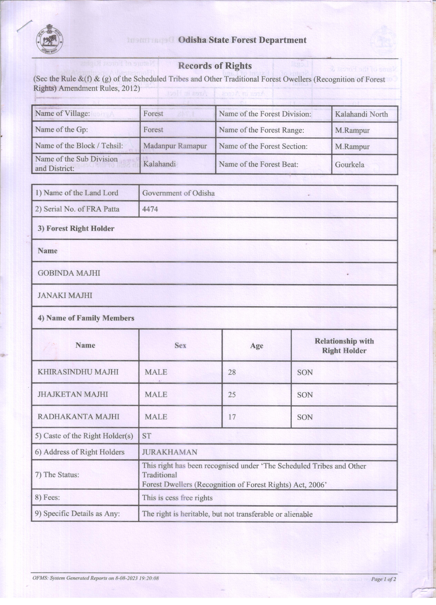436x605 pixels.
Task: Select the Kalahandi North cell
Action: (361, 114)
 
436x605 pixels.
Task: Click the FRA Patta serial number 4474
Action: (150, 209)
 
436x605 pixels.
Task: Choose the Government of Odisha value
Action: (178, 193)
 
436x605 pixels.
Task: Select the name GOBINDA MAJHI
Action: (69, 273)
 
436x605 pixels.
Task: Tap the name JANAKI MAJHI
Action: (65, 295)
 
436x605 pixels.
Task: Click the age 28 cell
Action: (232, 372)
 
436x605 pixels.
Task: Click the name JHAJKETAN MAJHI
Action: (73, 394)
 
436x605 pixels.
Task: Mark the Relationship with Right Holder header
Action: (344, 346)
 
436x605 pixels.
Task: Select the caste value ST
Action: (147, 436)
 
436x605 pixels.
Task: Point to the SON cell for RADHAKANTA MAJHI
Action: (305, 417)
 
